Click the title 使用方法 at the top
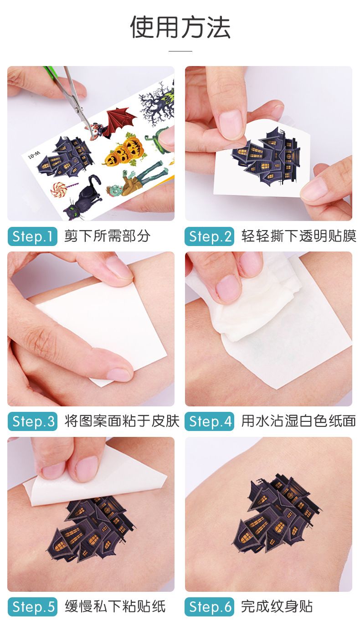coord(180,27)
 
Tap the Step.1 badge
coord(32,236)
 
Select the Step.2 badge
coord(209,236)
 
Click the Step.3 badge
coord(32,421)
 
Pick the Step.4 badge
coord(209,421)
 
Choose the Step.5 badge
coord(32,606)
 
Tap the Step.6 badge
coord(209,606)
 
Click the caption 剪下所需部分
coord(107,236)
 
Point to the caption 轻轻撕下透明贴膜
coord(298,236)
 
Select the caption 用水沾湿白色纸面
coord(298,421)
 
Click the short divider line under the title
coord(180,51)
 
